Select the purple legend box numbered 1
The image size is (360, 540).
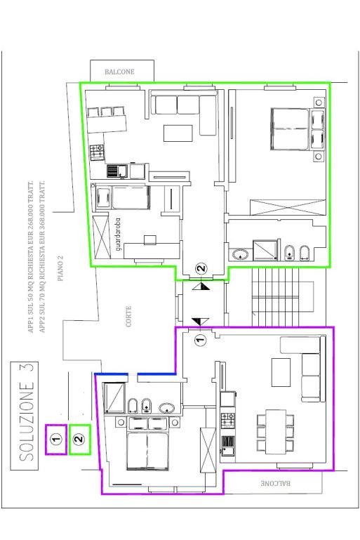point(55,440)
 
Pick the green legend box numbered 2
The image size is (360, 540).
point(80,440)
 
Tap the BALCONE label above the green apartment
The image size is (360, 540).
point(119,72)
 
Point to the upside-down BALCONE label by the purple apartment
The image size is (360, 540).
point(275,483)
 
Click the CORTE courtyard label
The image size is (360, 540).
point(128,317)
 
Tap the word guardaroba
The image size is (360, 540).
point(119,234)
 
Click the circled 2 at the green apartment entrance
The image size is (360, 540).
point(202,268)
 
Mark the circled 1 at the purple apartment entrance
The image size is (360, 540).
point(200,341)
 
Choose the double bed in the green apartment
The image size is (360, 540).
point(289,129)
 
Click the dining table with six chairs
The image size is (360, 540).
point(276,431)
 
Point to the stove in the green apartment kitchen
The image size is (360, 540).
point(97,152)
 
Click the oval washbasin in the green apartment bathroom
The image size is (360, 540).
point(240,255)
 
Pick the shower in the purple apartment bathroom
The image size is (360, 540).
point(114,397)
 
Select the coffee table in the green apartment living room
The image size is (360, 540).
point(178,133)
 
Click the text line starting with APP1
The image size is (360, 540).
point(31,256)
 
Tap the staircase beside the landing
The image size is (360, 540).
point(275,297)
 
